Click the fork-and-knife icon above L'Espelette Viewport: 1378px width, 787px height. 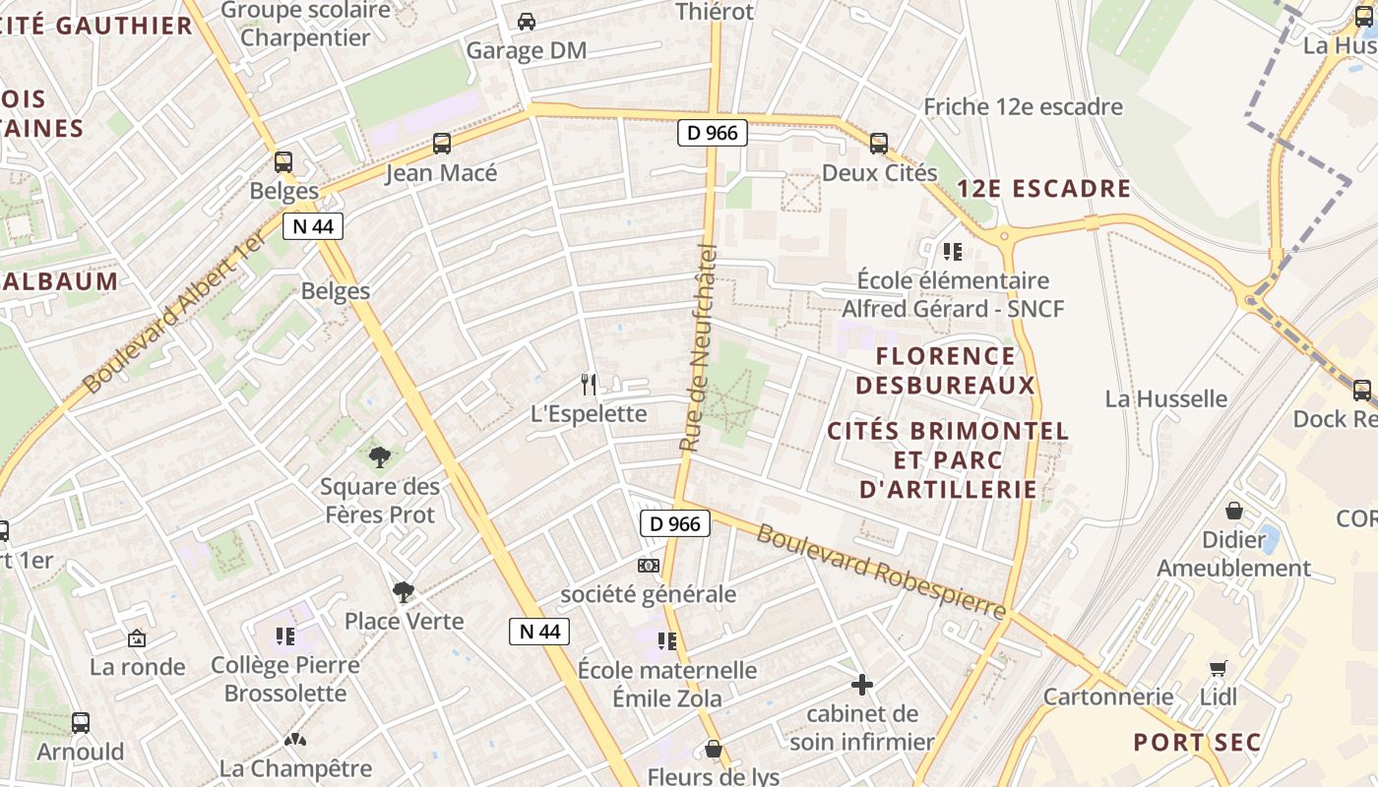pos(589,384)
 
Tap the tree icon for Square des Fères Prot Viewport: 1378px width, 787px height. pos(379,456)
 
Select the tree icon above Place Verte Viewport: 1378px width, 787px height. pos(403,591)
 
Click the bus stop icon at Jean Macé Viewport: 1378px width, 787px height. pos(442,144)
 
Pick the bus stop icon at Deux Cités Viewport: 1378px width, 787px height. pos(879,144)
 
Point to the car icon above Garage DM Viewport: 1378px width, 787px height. pos(527,21)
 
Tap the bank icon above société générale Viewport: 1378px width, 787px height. pos(648,565)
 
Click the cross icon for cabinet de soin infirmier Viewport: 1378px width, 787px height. pos(862,685)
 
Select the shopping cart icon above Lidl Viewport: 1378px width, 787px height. pos(1219,668)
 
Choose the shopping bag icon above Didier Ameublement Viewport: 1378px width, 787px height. pos(1233,511)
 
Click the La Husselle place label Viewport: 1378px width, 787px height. pos(1166,398)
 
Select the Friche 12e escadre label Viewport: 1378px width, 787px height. pos(1023,106)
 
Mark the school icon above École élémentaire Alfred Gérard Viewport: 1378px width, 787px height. pos(952,252)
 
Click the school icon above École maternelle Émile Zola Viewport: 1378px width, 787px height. pos(667,641)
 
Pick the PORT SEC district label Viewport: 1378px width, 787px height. pos(1197,742)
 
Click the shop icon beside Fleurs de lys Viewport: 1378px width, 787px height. pos(714,750)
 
